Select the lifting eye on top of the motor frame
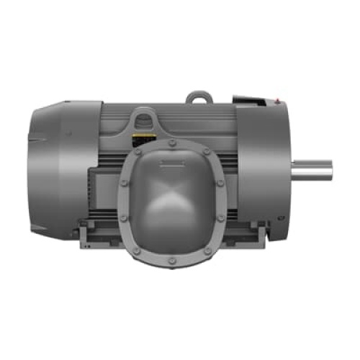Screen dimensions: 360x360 point(199,96)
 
